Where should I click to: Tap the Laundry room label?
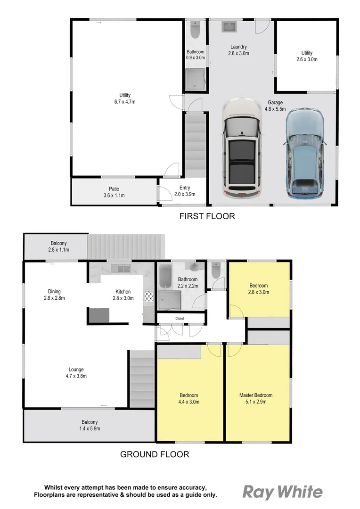tap(238, 50)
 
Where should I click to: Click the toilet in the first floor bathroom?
tap(195, 30)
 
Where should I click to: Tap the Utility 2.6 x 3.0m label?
tap(307, 56)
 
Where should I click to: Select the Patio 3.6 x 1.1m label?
tap(114, 192)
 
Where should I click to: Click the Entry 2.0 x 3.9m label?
tap(181, 191)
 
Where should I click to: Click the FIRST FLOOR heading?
tap(207, 216)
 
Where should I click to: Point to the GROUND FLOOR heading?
tap(155, 454)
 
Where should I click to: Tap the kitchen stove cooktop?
tap(149, 296)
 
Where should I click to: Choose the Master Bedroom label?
tap(256, 398)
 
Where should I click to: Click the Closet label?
tap(180, 319)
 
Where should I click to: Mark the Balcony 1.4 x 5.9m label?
tap(90, 425)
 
